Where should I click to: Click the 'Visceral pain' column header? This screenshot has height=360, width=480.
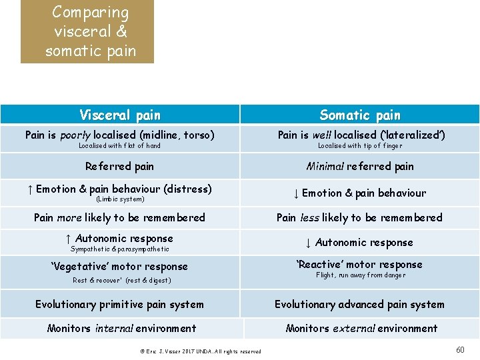(x=120, y=115)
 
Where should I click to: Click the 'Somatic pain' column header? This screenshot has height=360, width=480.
(x=360, y=115)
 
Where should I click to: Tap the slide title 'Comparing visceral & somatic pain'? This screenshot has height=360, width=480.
(x=87, y=31)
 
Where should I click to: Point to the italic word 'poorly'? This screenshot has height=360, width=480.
(x=75, y=135)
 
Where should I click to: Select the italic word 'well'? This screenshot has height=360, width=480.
(x=322, y=135)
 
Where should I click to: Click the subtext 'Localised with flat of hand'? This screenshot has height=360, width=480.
(x=119, y=146)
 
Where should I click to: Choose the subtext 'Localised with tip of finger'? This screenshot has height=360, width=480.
(x=360, y=146)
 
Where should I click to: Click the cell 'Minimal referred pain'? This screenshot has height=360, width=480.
(x=360, y=167)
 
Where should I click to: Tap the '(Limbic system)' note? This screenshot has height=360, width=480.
(x=120, y=199)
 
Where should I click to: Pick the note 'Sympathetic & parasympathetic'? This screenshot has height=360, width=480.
(x=120, y=249)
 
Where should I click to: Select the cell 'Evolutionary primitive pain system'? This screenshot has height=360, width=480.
(x=120, y=305)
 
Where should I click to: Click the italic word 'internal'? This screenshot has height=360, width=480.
(x=115, y=329)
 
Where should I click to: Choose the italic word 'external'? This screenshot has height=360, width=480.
(x=355, y=329)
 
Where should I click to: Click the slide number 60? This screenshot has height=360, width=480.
(x=460, y=350)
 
